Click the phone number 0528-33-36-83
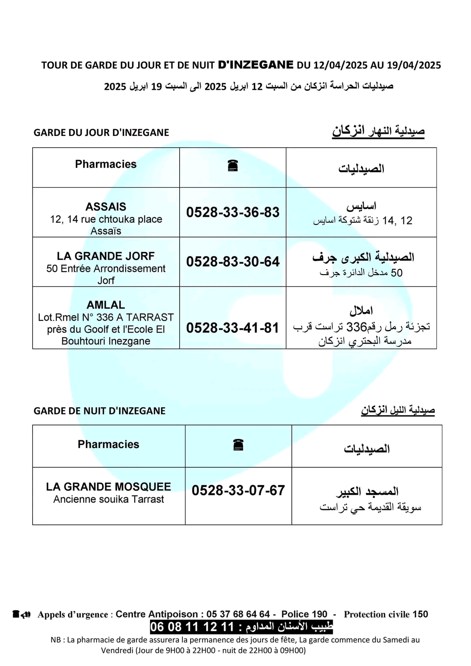[232, 212]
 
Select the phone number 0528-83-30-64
[232, 262]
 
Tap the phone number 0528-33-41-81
[232, 328]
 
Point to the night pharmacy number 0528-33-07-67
[238, 490]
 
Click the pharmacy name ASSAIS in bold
[106, 207]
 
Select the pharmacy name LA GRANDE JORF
[106, 256]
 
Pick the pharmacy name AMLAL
[106, 305]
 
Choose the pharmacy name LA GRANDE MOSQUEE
[108, 486]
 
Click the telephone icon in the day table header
[232, 166]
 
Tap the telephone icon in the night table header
[238, 445]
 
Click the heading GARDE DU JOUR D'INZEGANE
[101, 133]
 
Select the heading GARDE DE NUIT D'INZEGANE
[99, 411]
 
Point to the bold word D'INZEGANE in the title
[255, 65]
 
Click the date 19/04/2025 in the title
[413, 65]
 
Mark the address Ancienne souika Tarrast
[108, 499]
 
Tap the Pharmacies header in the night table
[108, 444]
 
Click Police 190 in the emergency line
[304, 614]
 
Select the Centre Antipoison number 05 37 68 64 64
[238, 614]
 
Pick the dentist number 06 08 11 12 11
[192, 627]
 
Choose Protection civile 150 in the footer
[386, 614]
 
